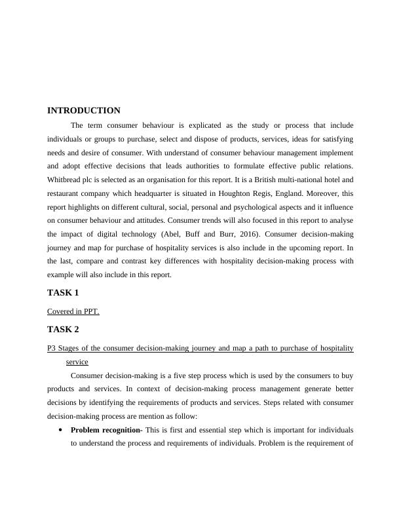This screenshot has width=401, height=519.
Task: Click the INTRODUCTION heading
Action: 84,111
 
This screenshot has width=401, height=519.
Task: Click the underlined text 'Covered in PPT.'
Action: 73,311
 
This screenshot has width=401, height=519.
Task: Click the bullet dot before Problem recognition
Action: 60,431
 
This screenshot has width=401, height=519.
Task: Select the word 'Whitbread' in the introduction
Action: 65,180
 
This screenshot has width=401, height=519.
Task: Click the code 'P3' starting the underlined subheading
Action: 52,348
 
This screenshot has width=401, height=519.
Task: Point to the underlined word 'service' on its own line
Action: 77,361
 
